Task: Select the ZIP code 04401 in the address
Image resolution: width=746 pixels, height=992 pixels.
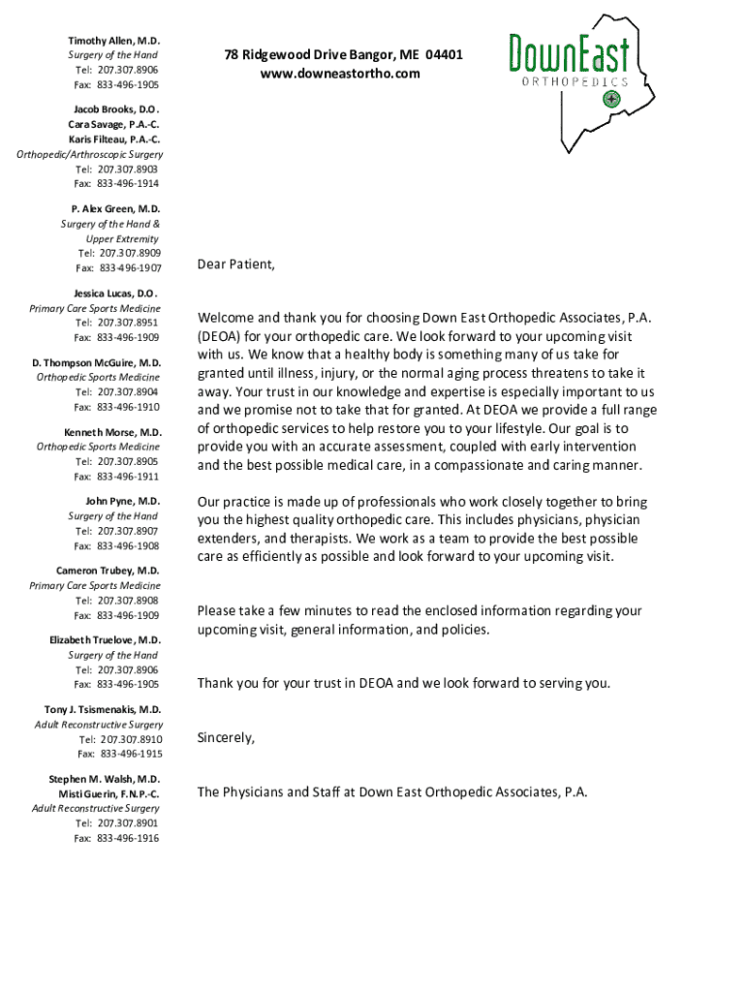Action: click(444, 55)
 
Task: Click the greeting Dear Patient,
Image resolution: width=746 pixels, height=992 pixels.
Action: click(236, 263)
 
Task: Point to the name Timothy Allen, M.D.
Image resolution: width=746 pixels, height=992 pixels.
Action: click(113, 41)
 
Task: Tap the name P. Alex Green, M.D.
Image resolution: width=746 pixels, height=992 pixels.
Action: click(115, 208)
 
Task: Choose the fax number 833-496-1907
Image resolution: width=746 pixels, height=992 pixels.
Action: click(130, 267)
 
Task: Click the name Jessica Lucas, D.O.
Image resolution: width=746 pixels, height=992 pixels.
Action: click(114, 293)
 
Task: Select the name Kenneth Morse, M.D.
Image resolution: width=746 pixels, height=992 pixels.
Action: click(112, 432)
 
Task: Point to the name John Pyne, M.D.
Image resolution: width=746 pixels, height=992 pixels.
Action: click(122, 501)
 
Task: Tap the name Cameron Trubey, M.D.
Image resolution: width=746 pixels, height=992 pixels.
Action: click(108, 571)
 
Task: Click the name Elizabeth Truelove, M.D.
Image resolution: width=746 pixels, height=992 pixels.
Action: click(106, 640)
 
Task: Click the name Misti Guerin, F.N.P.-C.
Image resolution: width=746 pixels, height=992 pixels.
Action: click(109, 793)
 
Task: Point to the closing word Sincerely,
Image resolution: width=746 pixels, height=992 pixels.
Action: click(226, 737)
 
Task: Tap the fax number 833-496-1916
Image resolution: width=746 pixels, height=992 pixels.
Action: click(128, 838)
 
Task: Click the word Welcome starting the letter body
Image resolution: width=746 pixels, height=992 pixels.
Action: click(226, 318)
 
